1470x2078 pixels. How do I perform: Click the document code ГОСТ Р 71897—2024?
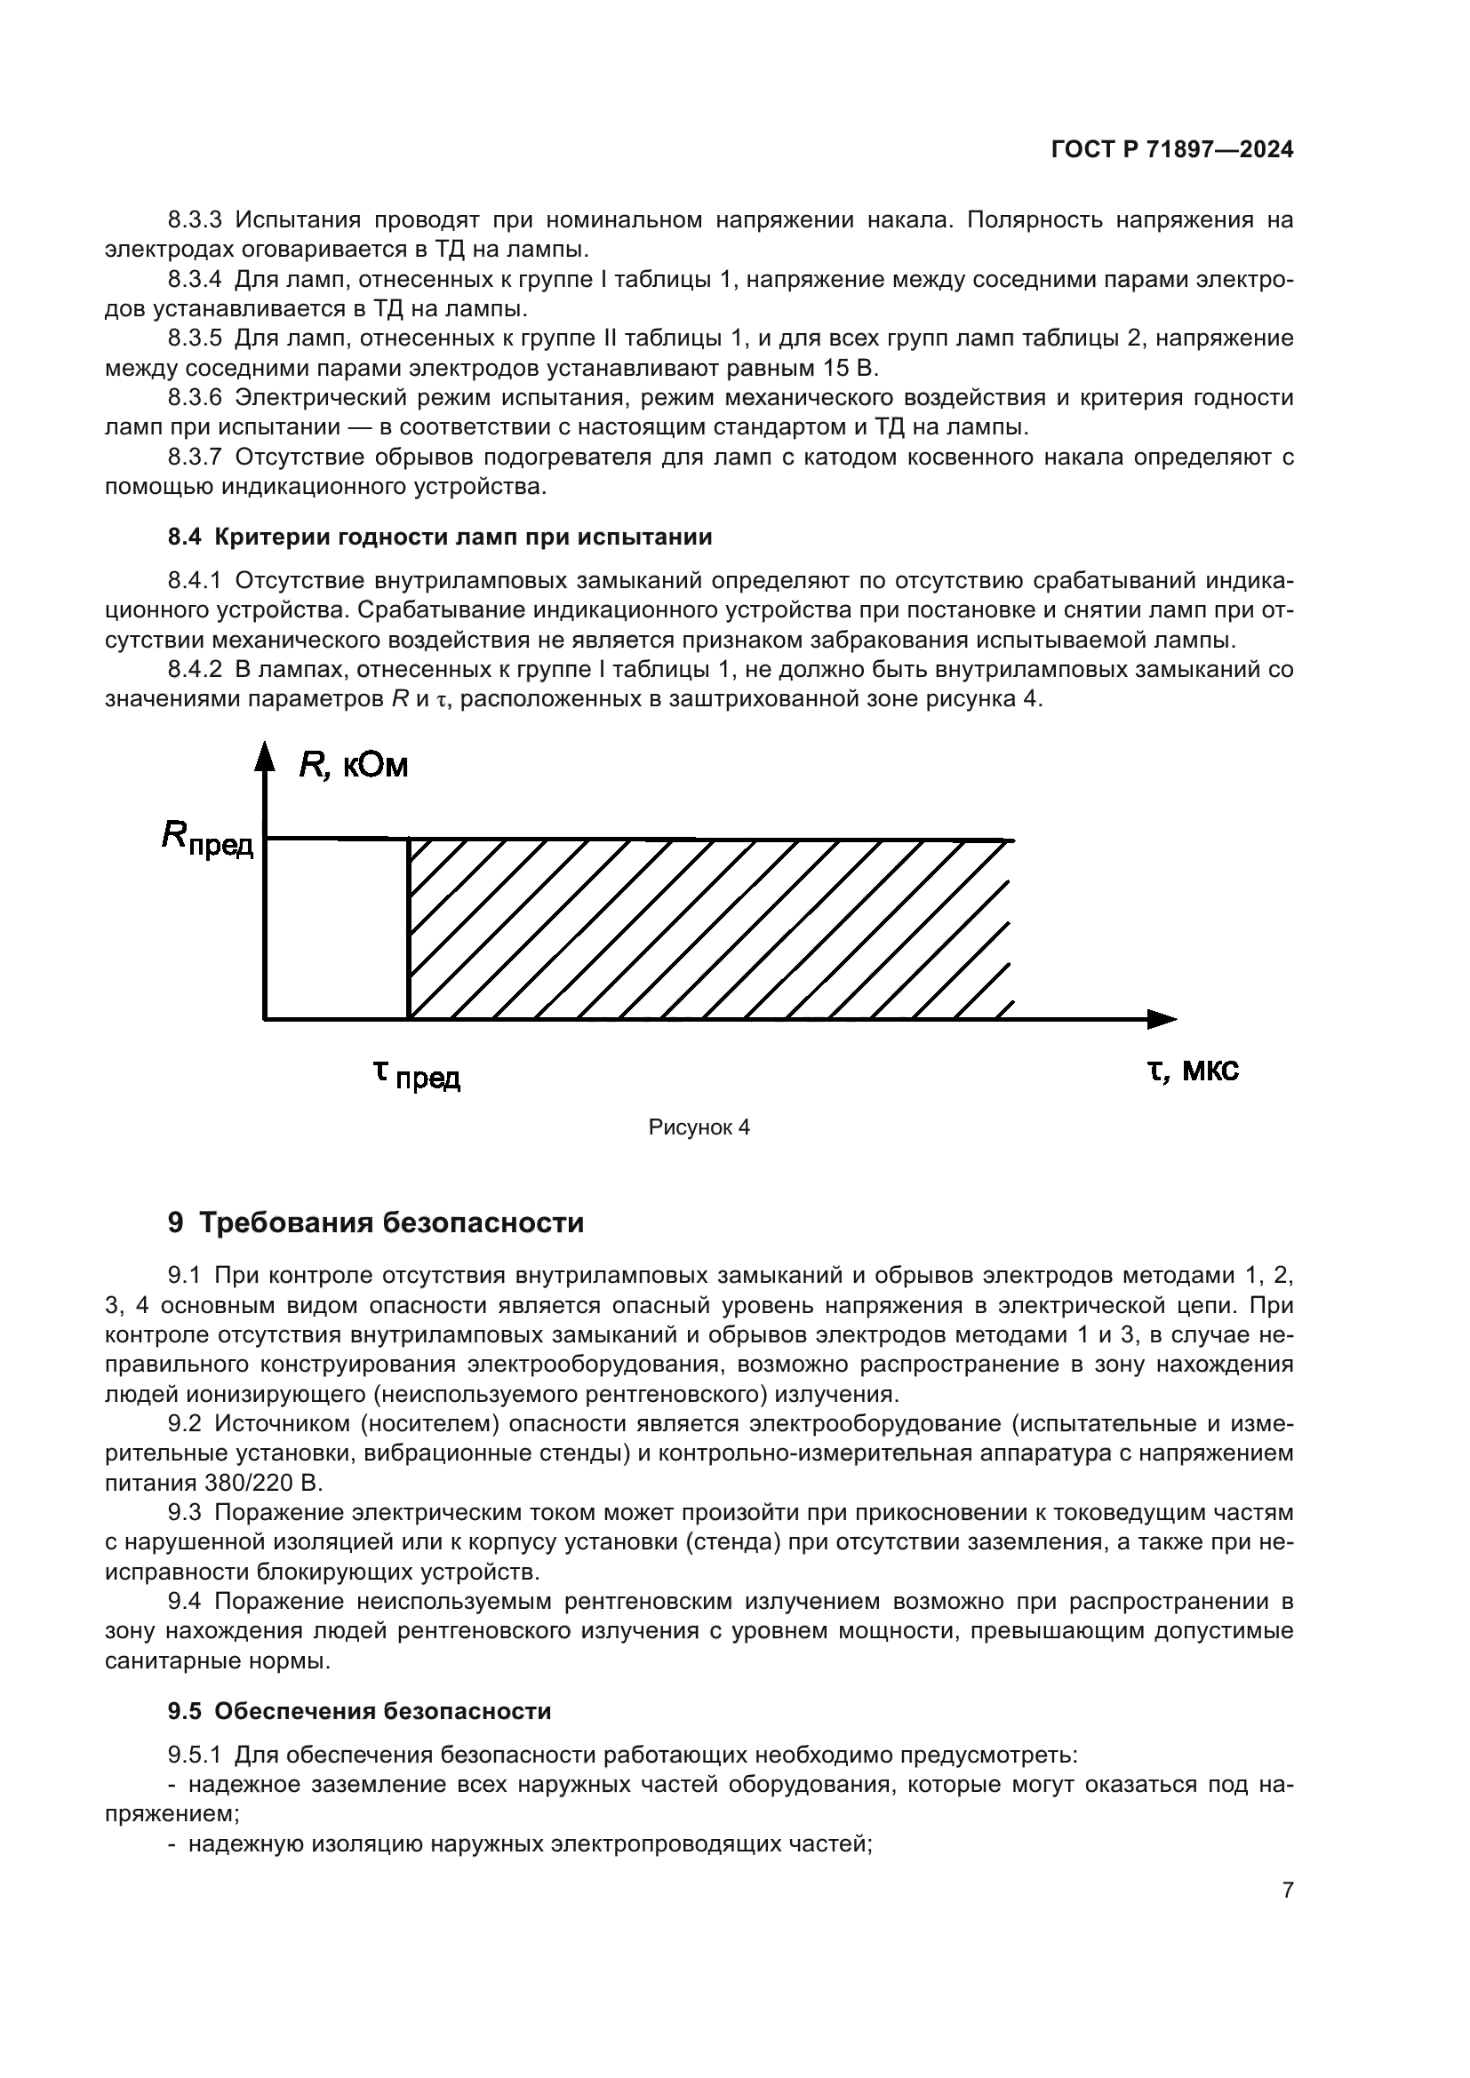click(x=1171, y=150)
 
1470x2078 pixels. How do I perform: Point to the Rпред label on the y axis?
click(x=207, y=838)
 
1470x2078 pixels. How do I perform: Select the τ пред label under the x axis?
click(x=416, y=1074)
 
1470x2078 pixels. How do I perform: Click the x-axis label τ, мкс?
click(x=1192, y=1071)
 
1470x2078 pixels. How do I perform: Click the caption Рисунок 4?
click(x=699, y=1127)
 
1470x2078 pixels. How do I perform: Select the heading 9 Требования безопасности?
click(x=376, y=1222)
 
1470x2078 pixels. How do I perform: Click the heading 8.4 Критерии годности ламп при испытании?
click(x=440, y=537)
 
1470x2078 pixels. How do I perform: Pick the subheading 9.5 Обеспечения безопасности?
click(x=359, y=1711)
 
